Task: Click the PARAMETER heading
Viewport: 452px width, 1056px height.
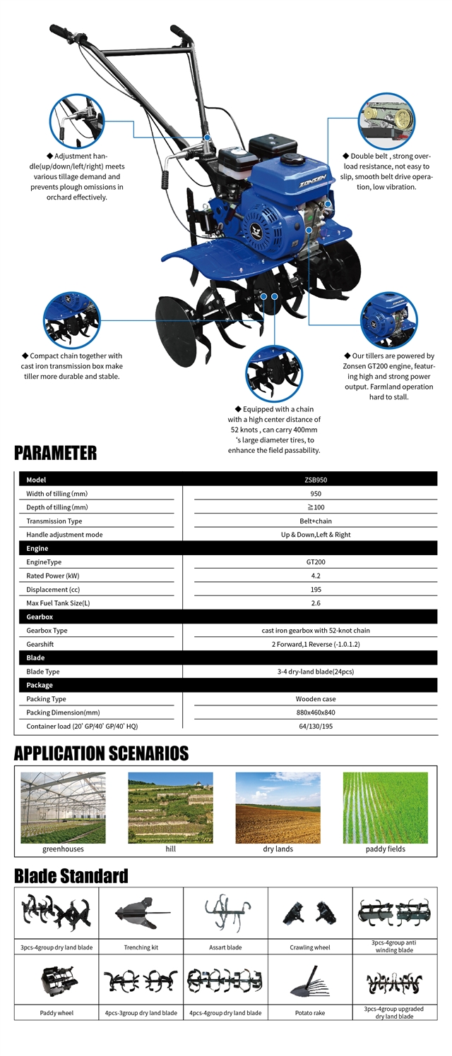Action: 55,452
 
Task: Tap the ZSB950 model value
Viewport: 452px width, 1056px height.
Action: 315,480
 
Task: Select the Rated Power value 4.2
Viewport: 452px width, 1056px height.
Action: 315,576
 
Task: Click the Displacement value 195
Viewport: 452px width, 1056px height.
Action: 315,589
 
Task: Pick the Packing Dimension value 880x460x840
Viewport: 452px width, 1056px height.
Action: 315,712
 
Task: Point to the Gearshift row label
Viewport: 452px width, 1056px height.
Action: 40,644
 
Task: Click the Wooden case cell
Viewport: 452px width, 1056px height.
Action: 315,698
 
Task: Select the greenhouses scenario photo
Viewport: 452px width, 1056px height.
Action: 63,807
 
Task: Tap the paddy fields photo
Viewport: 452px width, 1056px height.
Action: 385,807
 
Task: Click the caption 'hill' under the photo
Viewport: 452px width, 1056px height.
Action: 170,849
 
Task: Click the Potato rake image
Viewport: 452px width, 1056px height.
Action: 309,980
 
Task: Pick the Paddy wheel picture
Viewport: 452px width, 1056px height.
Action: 56,980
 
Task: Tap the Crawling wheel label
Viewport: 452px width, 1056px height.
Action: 309,947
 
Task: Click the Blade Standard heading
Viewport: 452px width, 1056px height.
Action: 71,876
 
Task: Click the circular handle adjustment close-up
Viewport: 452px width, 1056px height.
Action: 76,121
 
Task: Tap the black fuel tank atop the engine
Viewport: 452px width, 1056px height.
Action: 272,146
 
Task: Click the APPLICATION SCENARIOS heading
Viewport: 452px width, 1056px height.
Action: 101,753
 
